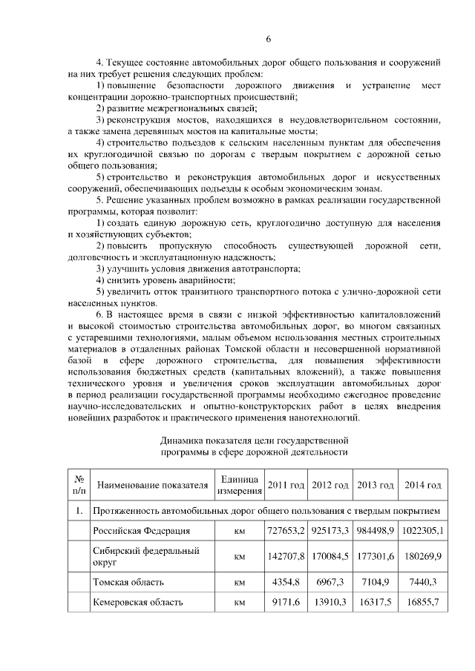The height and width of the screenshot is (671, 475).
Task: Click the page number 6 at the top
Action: point(269,39)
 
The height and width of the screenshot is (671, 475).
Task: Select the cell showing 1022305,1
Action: point(423,531)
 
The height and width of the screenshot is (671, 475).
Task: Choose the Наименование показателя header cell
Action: point(152,486)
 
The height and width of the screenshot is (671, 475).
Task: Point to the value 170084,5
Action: point(330,556)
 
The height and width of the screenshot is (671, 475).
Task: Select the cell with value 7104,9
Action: point(376,582)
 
